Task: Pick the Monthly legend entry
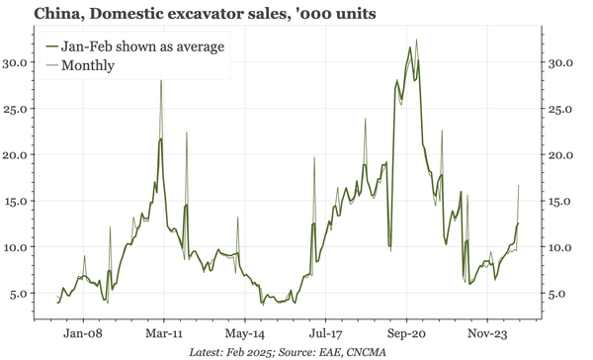tap(88, 65)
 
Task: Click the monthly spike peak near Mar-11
tap(161, 80)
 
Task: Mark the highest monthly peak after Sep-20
tap(416, 40)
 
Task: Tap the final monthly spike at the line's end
tap(519, 186)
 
